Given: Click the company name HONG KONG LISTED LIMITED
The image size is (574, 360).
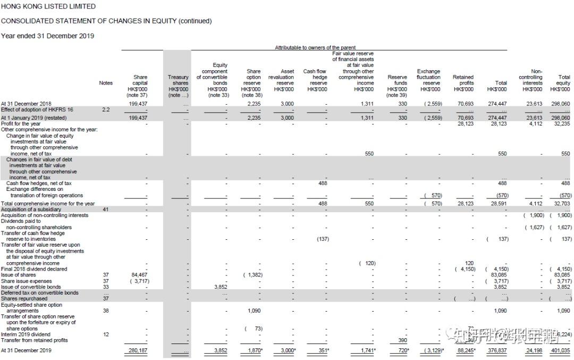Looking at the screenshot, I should [48, 7].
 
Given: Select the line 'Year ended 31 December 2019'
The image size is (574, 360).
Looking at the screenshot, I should [47, 36].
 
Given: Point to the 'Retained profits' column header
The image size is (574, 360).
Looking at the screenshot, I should [463, 80].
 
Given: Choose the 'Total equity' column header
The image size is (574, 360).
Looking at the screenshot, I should [564, 80].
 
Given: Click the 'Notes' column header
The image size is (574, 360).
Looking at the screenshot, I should [106, 83].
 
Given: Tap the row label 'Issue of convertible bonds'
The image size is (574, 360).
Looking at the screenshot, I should [31, 287].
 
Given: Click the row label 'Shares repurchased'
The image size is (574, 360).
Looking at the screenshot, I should [24, 298].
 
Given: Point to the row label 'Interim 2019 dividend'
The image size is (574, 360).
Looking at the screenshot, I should [26, 334].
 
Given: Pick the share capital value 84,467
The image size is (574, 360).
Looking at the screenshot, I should [139, 275].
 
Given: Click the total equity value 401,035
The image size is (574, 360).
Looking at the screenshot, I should [560, 351].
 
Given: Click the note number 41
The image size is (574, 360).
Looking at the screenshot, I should [106, 210].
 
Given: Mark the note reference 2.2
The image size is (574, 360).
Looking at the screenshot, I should [106, 109].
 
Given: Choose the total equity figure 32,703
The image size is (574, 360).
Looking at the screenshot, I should [561, 204].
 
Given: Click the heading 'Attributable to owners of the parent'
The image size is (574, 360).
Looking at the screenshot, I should [315, 48].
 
